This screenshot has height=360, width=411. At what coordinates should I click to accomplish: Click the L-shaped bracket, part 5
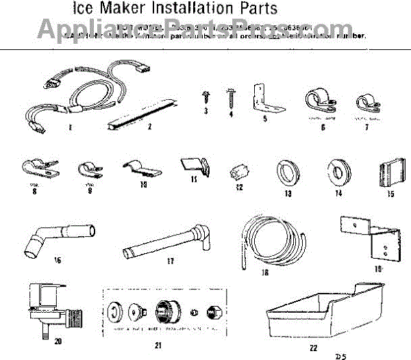pos(263,100)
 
